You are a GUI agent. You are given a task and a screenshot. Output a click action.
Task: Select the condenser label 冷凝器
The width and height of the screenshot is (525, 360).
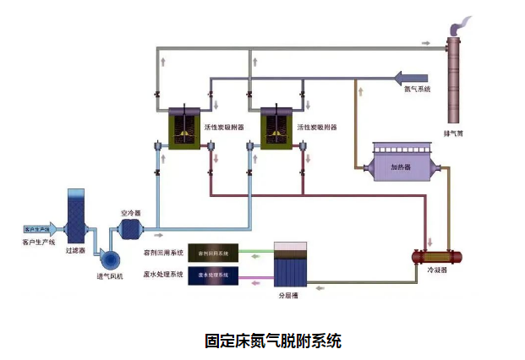(437, 270)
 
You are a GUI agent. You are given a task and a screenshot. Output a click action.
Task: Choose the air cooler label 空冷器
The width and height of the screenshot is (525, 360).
(130, 213)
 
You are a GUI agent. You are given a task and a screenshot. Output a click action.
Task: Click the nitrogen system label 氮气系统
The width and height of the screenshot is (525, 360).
(417, 89)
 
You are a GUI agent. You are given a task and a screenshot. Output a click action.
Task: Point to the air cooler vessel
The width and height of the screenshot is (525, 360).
(130, 228)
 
